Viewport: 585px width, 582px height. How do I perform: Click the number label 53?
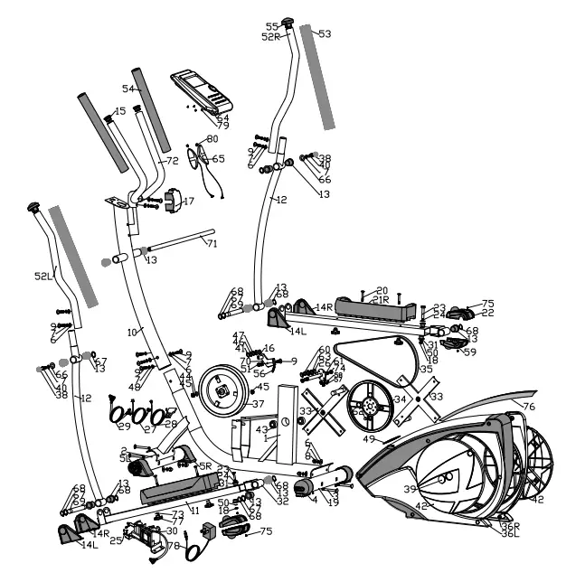(324, 33)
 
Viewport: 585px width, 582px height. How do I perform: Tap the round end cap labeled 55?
(289, 22)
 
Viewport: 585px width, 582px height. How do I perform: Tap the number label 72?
(172, 161)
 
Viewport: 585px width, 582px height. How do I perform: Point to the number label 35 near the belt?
(426, 369)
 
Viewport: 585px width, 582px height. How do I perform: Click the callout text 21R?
(381, 299)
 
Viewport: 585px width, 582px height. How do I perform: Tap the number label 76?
(528, 407)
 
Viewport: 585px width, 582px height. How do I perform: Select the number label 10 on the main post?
(133, 333)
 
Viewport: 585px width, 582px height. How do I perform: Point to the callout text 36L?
(512, 534)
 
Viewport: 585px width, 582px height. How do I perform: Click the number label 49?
(370, 438)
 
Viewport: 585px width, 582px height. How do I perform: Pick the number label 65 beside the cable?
(218, 158)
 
